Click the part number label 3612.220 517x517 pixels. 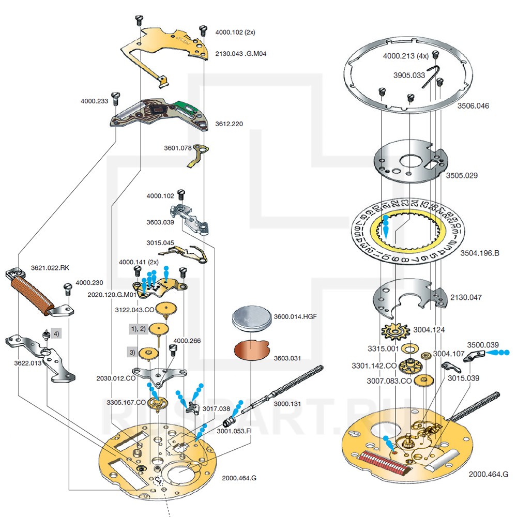(229, 124)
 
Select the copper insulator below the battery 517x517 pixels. (250, 350)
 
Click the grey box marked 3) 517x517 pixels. (133, 353)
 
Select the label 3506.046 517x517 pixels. (473, 106)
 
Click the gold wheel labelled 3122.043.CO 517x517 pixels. (166, 310)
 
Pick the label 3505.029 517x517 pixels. (462, 175)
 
